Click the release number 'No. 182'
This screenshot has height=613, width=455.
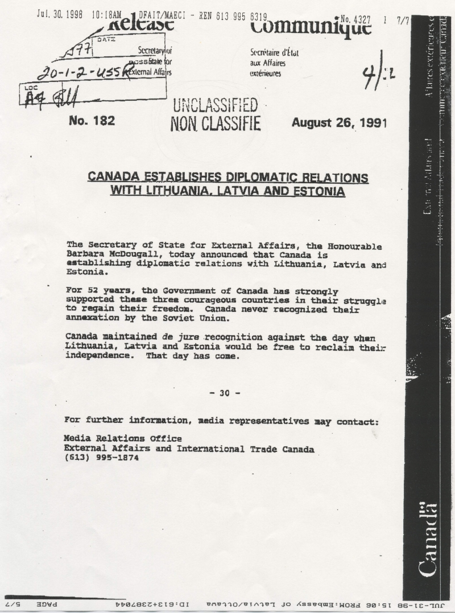click(x=91, y=121)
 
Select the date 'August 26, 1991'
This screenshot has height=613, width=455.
click(x=339, y=122)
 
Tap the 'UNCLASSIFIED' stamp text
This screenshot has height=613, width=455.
click(x=215, y=105)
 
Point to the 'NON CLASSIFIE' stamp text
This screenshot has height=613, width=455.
click(x=215, y=123)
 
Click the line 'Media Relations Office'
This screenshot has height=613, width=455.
click(x=123, y=439)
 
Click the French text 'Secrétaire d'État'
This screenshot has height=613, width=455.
click(x=275, y=53)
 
